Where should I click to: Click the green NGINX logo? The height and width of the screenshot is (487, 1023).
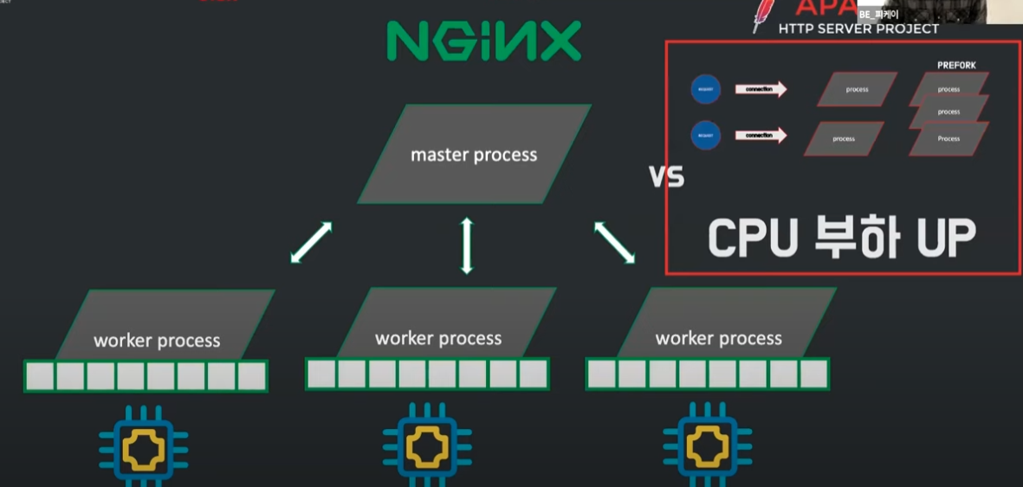click(x=483, y=41)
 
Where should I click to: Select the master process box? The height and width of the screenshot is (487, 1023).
click(x=474, y=155)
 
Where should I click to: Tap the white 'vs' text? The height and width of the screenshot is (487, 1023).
click(x=666, y=177)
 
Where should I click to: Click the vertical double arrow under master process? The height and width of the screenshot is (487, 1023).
click(x=467, y=245)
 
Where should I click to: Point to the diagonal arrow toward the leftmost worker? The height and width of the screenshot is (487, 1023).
click(x=311, y=242)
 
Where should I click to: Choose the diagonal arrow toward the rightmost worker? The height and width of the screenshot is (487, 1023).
click(x=614, y=242)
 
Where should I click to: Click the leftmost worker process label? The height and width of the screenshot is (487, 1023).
click(x=157, y=341)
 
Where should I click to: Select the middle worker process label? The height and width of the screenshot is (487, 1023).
click(x=438, y=338)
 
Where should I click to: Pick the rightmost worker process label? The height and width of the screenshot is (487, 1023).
click(x=719, y=338)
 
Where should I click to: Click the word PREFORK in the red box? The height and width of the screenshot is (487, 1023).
click(x=956, y=65)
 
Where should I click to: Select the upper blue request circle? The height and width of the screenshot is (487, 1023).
click(x=706, y=89)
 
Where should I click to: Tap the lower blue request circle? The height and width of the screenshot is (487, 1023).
click(x=706, y=136)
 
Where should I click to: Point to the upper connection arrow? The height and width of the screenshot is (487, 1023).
click(x=761, y=88)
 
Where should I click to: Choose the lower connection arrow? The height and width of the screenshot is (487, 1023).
click(x=761, y=135)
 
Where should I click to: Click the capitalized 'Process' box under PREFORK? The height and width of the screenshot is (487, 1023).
click(x=949, y=139)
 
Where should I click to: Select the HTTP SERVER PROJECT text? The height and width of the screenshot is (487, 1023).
click(x=858, y=29)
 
